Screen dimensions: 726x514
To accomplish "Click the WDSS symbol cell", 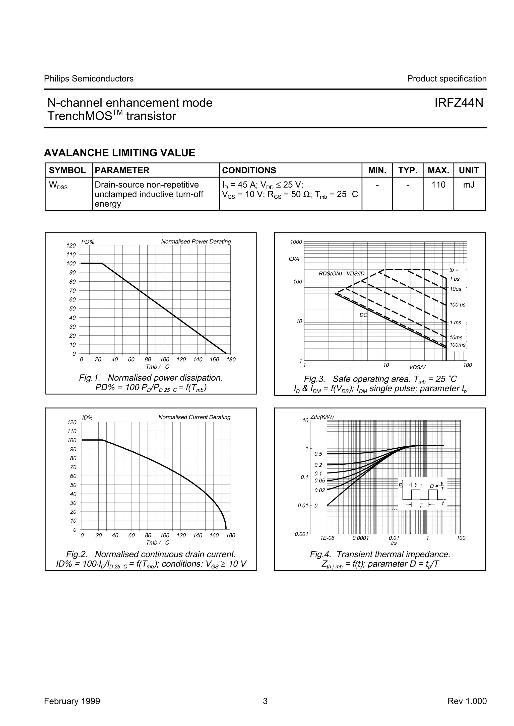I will [58, 186].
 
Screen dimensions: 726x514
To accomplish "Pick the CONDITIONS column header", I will [249, 171].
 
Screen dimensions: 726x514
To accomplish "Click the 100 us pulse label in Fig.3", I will [457, 305].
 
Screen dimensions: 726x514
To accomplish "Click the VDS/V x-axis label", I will [417, 367].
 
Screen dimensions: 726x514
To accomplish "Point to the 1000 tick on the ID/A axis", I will [296, 242].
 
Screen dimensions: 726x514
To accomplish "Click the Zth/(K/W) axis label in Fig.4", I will [322, 417].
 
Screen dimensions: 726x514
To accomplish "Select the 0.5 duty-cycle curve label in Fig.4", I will [318, 454].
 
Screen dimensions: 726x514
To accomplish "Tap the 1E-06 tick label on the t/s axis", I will [327, 538].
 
